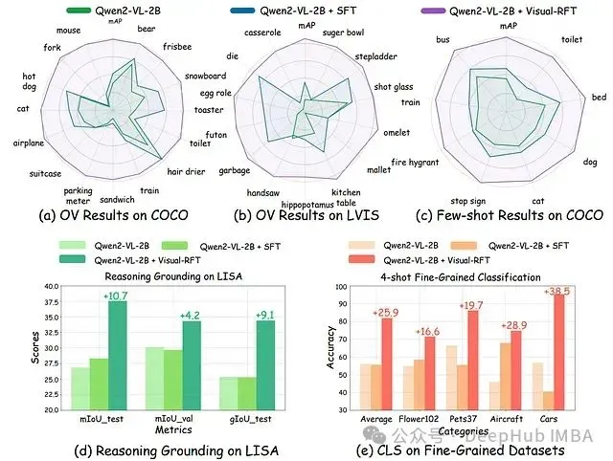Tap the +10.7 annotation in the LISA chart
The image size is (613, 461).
pos(117,296)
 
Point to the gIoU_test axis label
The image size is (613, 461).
pos(249,418)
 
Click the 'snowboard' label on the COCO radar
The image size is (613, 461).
pos(204,76)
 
